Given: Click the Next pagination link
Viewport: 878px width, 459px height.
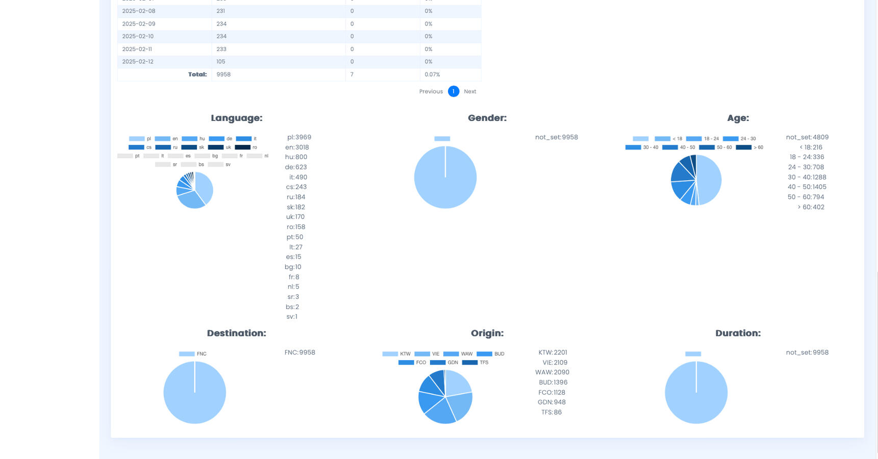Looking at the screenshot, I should [x=470, y=92].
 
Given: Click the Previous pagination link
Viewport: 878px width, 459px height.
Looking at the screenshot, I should [x=431, y=92].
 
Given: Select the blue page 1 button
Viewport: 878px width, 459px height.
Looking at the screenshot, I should [x=453, y=91].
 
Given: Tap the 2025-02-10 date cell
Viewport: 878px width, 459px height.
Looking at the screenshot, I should [x=138, y=37].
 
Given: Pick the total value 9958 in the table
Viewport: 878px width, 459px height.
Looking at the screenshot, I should [x=223, y=74].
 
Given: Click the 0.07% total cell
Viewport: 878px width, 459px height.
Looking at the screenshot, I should [x=432, y=74].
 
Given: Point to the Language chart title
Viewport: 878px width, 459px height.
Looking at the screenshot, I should [x=236, y=118].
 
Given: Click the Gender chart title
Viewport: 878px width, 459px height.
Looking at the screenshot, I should [x=487, y=118].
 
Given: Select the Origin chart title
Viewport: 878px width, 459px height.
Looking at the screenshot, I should [x=487, y=334].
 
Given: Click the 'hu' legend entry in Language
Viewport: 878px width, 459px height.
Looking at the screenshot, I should [x=193, y=139].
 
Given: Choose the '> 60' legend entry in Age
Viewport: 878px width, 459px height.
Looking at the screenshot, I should [x=749, y=147].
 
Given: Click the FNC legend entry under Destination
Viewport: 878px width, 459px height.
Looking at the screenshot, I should [x=193, y=354].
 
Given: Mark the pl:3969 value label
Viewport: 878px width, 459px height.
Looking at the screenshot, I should [x=299, y=137].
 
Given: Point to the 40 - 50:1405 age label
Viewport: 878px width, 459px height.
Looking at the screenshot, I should [x=807, y=187].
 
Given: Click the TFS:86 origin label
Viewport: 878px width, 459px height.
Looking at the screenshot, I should [x=551, y=413].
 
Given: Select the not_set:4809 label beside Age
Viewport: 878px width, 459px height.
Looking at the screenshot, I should [x=807, y=137].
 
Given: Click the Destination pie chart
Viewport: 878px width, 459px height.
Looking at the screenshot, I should [x=194, y=393].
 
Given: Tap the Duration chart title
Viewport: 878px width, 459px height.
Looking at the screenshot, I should [x=738, y=334].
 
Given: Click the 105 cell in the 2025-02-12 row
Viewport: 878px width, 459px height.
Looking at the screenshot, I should [x=221, y=62].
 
